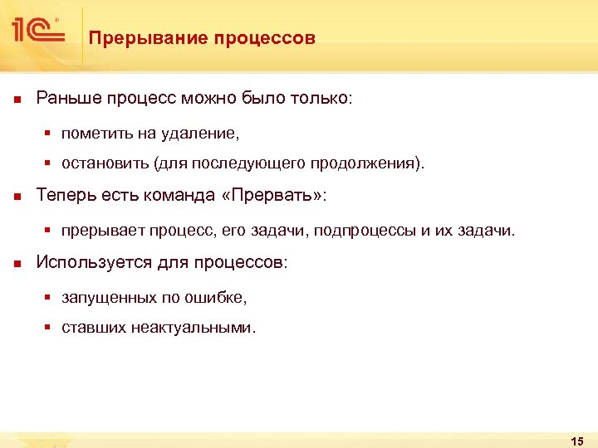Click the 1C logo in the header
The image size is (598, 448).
click(38, 32)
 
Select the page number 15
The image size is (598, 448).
click(578, 440)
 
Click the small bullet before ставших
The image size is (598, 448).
click(48, 328)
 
